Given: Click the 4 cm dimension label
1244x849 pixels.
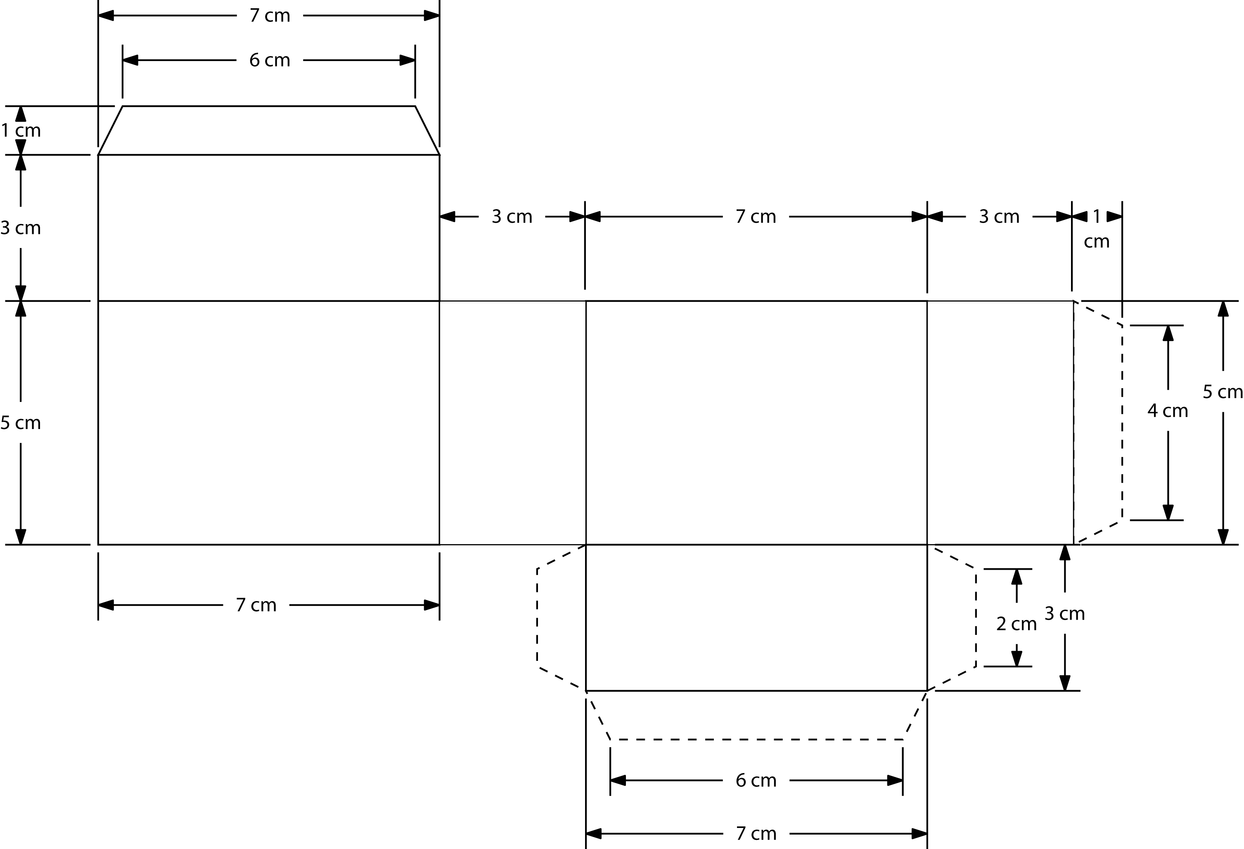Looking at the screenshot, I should click(1168, 411).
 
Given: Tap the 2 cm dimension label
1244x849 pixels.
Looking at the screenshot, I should click(1017, 624).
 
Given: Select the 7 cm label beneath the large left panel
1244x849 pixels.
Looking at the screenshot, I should click(256, 605).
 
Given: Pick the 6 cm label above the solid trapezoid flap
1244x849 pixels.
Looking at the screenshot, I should click(269, 60).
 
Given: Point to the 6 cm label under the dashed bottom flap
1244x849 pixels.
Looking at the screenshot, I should click(756, 781).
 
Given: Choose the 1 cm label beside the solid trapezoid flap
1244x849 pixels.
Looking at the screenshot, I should click(20, 130).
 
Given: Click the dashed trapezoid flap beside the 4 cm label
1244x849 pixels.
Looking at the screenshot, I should click(1097, 422).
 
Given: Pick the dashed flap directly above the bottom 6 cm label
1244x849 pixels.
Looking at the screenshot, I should click(756, 715).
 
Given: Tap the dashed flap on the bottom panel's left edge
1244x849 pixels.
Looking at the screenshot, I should click(562, 618).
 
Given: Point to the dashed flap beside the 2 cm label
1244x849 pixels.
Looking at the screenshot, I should click(951, 618).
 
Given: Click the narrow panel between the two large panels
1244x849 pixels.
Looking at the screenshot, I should click(512, 422).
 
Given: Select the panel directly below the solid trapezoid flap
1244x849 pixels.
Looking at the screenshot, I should click(269, 228).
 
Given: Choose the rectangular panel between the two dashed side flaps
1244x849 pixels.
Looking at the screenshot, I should click(756, 618).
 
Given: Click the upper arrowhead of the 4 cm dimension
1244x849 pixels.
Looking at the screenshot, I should click(1168, 333).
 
